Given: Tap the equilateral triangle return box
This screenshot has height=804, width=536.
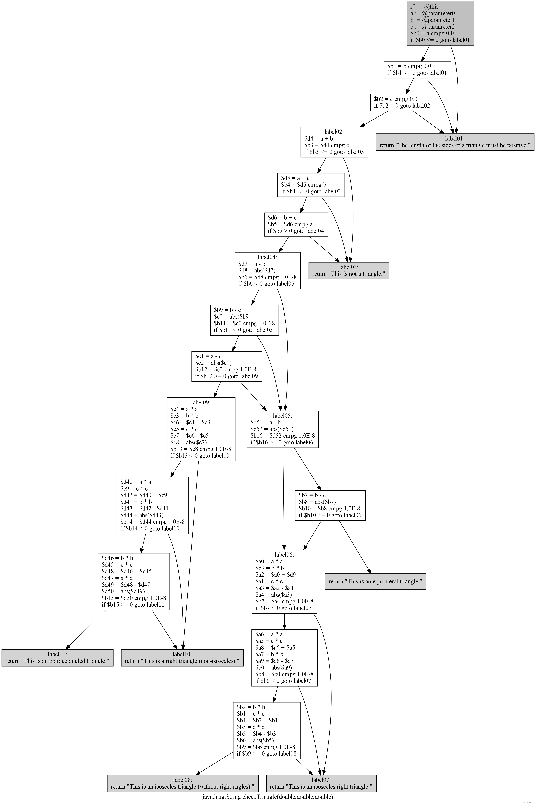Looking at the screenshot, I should tap(375, 581).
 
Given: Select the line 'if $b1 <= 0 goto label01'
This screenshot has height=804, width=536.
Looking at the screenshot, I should tap(417, 73).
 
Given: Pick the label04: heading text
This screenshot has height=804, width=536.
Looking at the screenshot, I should tap(267, 257).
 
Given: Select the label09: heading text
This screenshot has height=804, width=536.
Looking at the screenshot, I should tap(201, 402).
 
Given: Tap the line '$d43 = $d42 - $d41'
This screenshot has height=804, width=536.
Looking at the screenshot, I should tap(144, 508).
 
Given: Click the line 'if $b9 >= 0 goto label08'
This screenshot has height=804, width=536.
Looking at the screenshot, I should tap(266, 753).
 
